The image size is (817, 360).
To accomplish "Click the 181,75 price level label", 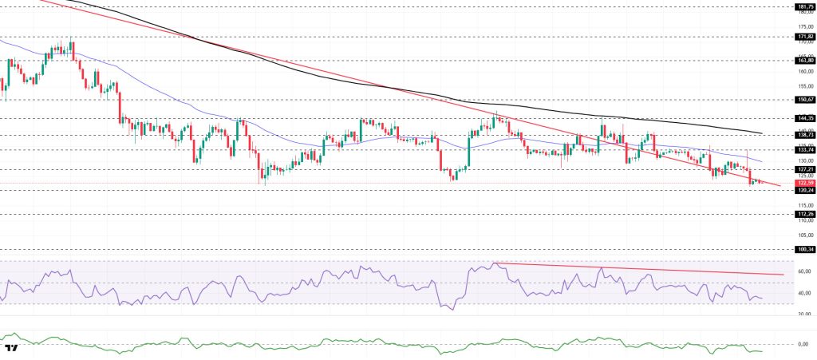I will [803, 6].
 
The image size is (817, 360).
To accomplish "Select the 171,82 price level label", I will [803, 36].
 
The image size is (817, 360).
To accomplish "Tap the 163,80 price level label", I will [803, 60].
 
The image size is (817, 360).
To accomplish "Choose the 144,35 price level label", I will [803, 118].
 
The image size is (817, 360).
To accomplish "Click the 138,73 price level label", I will [803, 136].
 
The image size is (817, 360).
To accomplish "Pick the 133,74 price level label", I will [803, 149].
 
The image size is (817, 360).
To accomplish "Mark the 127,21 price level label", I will [803, 169].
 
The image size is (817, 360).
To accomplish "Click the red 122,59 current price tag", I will [803, 183].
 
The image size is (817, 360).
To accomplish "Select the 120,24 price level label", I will [803, 191].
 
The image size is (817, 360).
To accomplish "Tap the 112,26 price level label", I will [803, 214].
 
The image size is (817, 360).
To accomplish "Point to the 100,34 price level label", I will [803, 249].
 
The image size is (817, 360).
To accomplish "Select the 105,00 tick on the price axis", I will [805, 235].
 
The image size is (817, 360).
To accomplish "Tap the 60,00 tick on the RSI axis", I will [805, 271].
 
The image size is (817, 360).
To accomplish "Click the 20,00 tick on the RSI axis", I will [805, 314].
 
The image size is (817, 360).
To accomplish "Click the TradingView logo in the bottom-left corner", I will [11, 349].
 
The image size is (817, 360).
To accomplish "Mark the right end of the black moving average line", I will [764, 133].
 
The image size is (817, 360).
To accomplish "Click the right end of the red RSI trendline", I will [783, 275].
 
